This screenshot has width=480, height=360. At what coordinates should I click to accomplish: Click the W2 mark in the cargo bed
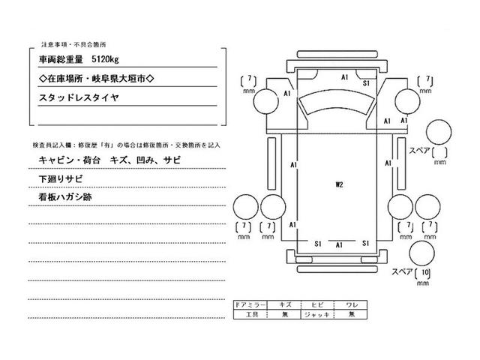pyautogui.click(x=338, y=182)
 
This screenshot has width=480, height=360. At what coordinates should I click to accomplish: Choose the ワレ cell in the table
pyautogui.click(x=351, y=304)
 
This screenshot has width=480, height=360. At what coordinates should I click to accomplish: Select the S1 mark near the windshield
pyautogui.click(x=367, y=84)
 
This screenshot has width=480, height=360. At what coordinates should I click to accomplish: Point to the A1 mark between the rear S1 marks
pyautogui.click(x=339, y=244)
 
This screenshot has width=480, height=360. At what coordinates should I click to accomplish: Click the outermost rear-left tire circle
pyautogui.click(x=244, y=208)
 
